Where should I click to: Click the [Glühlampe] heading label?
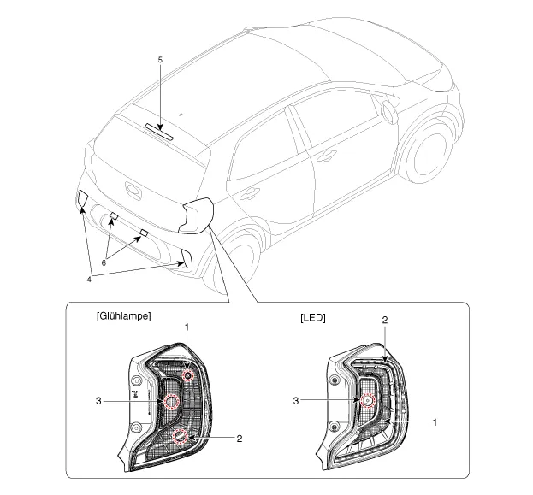[124, 316]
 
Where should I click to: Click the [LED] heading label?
[313, 318]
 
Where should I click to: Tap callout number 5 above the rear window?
[160, 60]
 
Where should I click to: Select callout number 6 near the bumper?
[104, 262]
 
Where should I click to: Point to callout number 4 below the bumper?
[89, 280]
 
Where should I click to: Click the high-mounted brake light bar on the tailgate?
[159, 131]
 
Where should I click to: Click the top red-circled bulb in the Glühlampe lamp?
[187, 375]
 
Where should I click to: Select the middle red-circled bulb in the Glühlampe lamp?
[172, 401]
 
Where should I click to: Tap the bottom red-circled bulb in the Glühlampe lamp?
[181, 436]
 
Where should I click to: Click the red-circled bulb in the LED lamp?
[367, 401]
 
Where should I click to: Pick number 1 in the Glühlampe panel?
[187, 327]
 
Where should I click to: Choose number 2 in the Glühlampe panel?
[240, 439]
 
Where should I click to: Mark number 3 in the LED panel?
[296, 401]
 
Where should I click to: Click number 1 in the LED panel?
[435, 422]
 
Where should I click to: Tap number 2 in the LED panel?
[385, 320]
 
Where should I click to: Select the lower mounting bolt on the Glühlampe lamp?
[136, 427]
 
